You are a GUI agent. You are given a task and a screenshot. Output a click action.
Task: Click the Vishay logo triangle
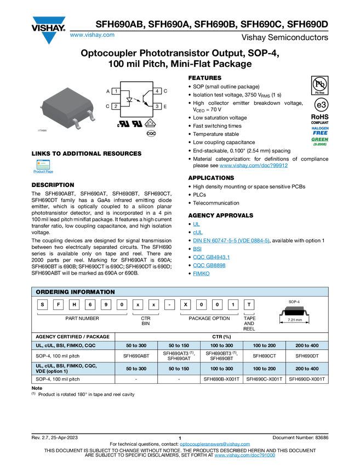(x=48, y=30)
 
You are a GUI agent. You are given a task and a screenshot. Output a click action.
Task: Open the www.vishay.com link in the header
(x=92, y=35)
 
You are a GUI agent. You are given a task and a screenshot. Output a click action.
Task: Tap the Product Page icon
(x=43, y=164)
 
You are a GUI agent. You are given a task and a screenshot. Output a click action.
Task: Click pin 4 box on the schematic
(x=157, y=91)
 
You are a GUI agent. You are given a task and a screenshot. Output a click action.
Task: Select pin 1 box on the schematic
(x=116, y=91)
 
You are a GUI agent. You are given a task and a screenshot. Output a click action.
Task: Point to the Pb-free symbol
(x=319, y=85)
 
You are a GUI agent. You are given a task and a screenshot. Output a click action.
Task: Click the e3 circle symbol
(x=321, y=105)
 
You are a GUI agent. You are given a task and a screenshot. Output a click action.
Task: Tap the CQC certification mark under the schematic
(x=151, y=133)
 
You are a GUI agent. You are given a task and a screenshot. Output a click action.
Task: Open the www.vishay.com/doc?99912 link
(x=254, y=166)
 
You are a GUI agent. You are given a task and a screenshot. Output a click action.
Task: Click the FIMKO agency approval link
(x=201, y=274)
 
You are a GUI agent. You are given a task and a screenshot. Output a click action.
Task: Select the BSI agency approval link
(x=197, y=249)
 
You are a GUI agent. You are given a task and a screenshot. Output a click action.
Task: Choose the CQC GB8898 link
(x=209, y=265)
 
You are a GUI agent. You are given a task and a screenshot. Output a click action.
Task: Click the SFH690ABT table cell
(x=136, y=356)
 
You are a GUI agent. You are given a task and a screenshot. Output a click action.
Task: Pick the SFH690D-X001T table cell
(x=307, y=379)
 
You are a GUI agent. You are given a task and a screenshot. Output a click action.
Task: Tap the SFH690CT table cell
(x=264, y=356)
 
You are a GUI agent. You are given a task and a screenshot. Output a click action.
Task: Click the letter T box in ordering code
(x=249, y=305)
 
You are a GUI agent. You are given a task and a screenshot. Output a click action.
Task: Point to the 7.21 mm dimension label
(x=295, y=320)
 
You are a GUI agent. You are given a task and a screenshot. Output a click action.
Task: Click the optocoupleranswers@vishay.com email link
(x=215, y=444)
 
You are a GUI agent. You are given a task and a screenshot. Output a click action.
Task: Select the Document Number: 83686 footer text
(x=300, y=437)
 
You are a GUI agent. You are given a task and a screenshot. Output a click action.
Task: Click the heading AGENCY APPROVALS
(x=221, y=215)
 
